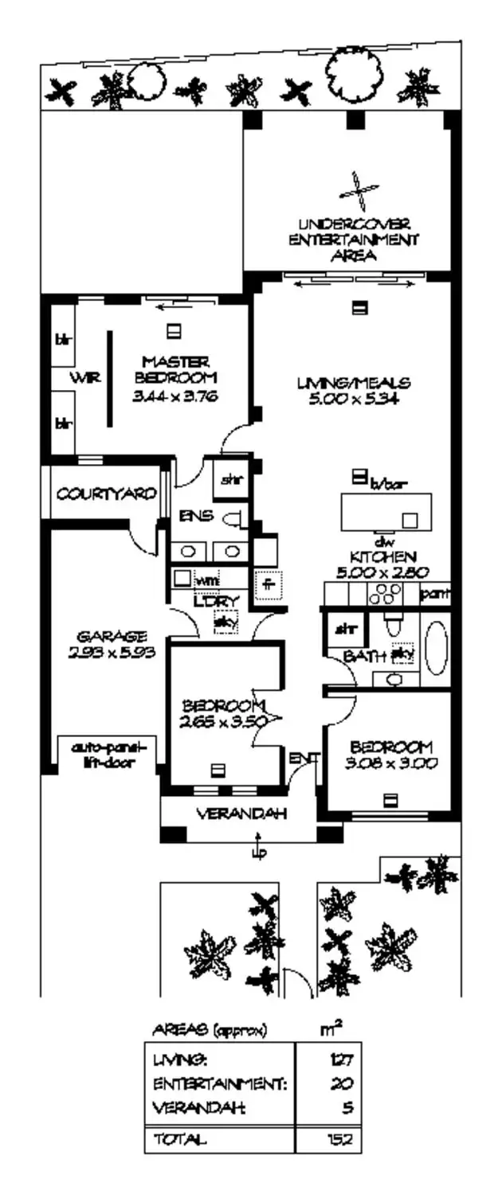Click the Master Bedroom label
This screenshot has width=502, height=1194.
coord(176,369)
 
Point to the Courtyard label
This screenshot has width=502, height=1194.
coord(105,494)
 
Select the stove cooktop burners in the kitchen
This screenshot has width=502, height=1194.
coord(387,593)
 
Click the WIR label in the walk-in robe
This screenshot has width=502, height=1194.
coord(88,379)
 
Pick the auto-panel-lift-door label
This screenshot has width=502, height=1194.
coord(108,754)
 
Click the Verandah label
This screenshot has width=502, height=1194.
coord(241,814)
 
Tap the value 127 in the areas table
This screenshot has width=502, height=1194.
coord(343,1059)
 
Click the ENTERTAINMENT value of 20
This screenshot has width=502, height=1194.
coord(345,1083)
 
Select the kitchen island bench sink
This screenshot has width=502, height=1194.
coord(410,520)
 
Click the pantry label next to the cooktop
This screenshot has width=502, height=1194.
coord(436,593)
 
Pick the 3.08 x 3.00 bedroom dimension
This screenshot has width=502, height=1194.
coord(390,763)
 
